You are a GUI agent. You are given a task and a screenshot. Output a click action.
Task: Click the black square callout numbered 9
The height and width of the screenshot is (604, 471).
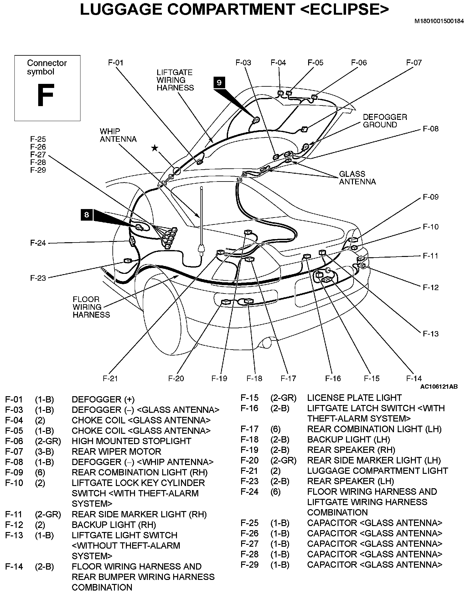(219, 82)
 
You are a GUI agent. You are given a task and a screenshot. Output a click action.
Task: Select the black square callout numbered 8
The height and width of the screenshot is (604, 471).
(87, 215)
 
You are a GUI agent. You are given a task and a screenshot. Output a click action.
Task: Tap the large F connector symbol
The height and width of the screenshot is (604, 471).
(46, 95)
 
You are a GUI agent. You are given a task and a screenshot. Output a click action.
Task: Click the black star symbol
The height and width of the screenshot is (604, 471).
(154, 148)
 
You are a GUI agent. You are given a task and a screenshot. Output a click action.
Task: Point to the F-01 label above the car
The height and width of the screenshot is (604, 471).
(116, 63)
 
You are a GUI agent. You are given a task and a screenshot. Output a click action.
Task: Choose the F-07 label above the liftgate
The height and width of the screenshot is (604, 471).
(414, 63)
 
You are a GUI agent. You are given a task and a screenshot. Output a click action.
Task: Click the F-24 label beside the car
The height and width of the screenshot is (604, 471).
(38, 243)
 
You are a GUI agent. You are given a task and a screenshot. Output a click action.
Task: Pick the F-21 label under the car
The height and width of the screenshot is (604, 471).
(110, 379)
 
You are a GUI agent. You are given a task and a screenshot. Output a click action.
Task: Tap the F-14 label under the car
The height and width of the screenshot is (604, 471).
(414, 379)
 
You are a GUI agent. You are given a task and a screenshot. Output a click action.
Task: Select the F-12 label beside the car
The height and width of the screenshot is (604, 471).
(431, 287)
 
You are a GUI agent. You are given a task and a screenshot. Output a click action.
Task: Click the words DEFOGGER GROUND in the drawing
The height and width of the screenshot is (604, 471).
(385, 121)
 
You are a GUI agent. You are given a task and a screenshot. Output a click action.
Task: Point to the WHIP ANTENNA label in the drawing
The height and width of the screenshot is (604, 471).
(118, 135)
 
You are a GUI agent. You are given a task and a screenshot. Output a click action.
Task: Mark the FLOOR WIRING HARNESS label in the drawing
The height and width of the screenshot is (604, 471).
(91, 307)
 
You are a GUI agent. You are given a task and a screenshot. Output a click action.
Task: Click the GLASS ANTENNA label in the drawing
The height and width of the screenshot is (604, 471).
(357, 178)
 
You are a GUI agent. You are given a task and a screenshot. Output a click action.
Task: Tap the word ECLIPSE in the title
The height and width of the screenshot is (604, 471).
(344, 10)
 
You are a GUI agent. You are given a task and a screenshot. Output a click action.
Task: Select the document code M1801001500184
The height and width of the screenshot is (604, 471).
(439, 22)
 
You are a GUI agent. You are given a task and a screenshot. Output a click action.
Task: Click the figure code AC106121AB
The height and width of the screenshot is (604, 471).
(439, 387)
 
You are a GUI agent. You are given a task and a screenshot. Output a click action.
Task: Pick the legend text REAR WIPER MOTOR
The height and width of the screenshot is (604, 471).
(116, 452)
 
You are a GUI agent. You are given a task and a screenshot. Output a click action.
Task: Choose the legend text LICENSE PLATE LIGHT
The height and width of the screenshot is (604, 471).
(354, 398)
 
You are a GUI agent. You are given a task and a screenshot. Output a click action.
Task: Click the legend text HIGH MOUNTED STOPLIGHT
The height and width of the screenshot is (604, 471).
(131, 441)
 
